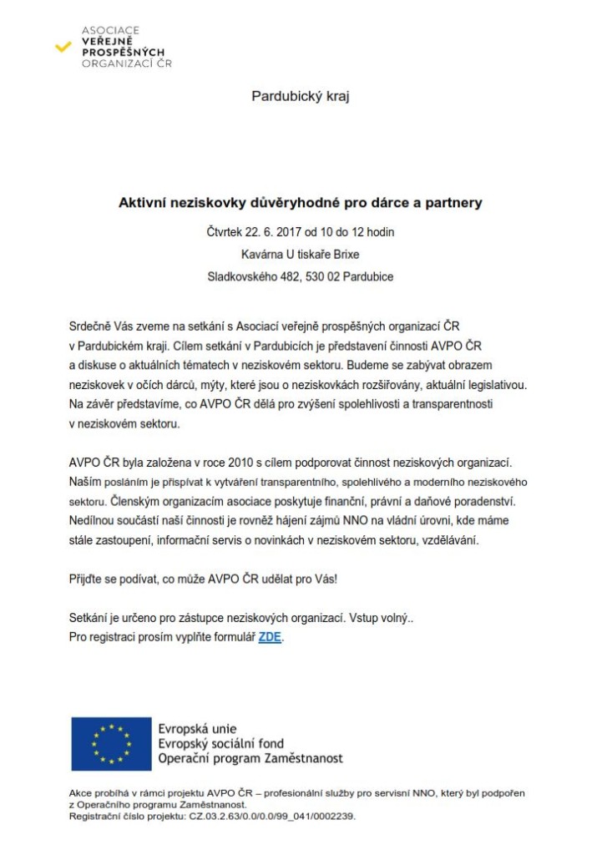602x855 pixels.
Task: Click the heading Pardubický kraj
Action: pyautogui.click(x=300, y=96)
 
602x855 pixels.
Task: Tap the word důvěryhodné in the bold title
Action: pyautogui.click(x=281, y=203)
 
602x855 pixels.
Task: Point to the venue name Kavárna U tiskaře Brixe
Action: pyautogui.click(x=300, y=254)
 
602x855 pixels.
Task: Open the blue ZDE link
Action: pyautogui.click(x=270, y=637)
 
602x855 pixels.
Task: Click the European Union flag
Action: pyautogui.click(x=111, y=743)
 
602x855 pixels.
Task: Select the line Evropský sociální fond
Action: pyautogui.click(x=221, y=744)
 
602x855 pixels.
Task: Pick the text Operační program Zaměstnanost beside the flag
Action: pyautogui.click(x=250, y=759)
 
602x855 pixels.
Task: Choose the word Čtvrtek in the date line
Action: pyautogui.click(x=225, y=231)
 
